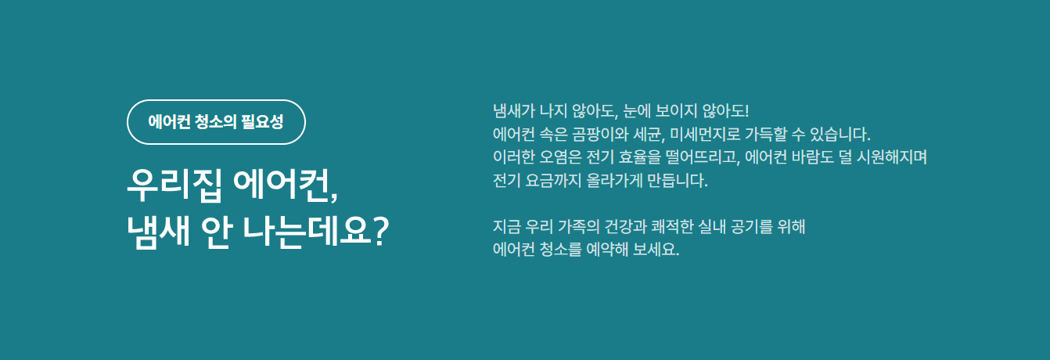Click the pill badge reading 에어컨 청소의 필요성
[216, 122]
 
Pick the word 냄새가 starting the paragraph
[515, 110]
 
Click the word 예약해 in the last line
[607, 252]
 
